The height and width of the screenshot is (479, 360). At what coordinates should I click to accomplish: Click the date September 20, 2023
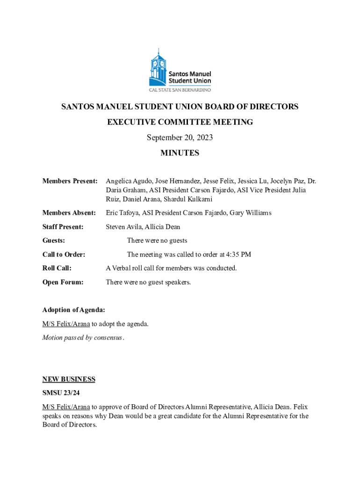point(180,138)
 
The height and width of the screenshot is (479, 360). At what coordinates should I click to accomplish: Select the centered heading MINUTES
point(180,153)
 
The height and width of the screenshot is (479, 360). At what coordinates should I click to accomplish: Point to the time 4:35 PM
point(238,254)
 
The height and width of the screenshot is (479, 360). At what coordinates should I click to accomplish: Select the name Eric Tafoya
point(122,213)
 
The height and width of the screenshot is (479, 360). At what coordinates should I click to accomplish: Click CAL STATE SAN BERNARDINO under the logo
point(180,89)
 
